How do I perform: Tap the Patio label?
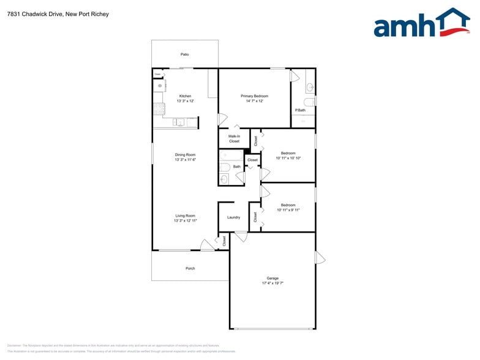pyautogui.click(x=184, y=54)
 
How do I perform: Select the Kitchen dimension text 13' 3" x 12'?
pyautogui.click(x=185, y=101)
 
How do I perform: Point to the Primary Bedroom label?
pyautogui.click(x=254, y=96)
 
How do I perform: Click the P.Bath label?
pyautogui.click(x=300, y=110)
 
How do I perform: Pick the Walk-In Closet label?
pyautogui.click(x=234, y=139)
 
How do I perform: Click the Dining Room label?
pyautogui.click(x=185, y=155)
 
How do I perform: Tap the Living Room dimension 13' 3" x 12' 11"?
pyautogui.click(x=185, y=220)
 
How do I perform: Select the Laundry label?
pyautogui.click(x=233, y=217)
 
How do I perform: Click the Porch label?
pyautogui.click(x=190, y=268)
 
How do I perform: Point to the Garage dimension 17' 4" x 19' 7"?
pyautogui.click(x=272, y=283)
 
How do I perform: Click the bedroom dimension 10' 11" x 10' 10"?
pyautogui.click(x=288, y=158)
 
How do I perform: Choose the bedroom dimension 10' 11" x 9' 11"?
pyautogui.click(x=288, y=210)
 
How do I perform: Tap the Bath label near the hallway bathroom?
pyautogui.click(x=236, y=167)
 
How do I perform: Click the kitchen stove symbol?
pyautogui.click(x=159, y=109)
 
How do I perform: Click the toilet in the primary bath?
pyautogui.click(x=309, y=101)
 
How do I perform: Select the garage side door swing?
pyautogui.click(x=320, y=257)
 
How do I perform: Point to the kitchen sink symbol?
pyautogui.click(x=178, y=122)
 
